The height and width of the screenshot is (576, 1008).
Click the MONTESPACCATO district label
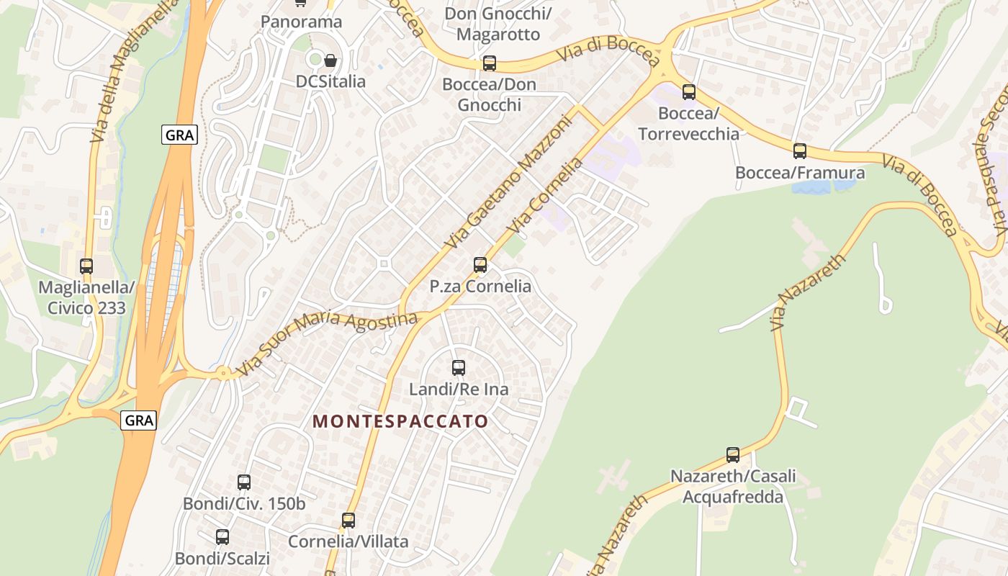click(x=400, y=421)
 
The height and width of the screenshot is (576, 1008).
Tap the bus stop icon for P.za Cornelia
click(x=480, y=265)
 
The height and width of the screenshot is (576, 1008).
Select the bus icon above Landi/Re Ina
click(x=459, y=368)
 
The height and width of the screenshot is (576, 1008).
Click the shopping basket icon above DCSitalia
click(x=330, y=60)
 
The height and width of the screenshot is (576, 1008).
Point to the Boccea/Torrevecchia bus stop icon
click(x=689, y=92)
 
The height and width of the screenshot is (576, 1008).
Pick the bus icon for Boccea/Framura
click(x=800, y=151)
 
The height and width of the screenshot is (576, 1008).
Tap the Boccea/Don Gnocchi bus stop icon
click(x=490, y=63)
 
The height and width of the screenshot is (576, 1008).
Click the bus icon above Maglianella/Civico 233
click(x=86, y=266)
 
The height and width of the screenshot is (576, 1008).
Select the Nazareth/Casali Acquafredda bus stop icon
click(x=733, y=455)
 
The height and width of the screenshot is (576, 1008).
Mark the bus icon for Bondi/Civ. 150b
click(x=244, y=482)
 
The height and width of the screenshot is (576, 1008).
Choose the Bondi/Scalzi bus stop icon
click(x=222, y=537)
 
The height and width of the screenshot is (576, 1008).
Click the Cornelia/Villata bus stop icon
click(x=348, y=521)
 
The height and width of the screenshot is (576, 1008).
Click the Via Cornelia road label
click(x=544, y=195)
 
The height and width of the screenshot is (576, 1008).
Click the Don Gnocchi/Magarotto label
click(x=498, y=24)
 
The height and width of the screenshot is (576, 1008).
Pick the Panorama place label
click(x=301, y=22)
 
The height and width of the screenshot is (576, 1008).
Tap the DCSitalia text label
click(x=330, y=81)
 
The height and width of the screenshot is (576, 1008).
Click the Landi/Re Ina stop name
click(x=459, y=390)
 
